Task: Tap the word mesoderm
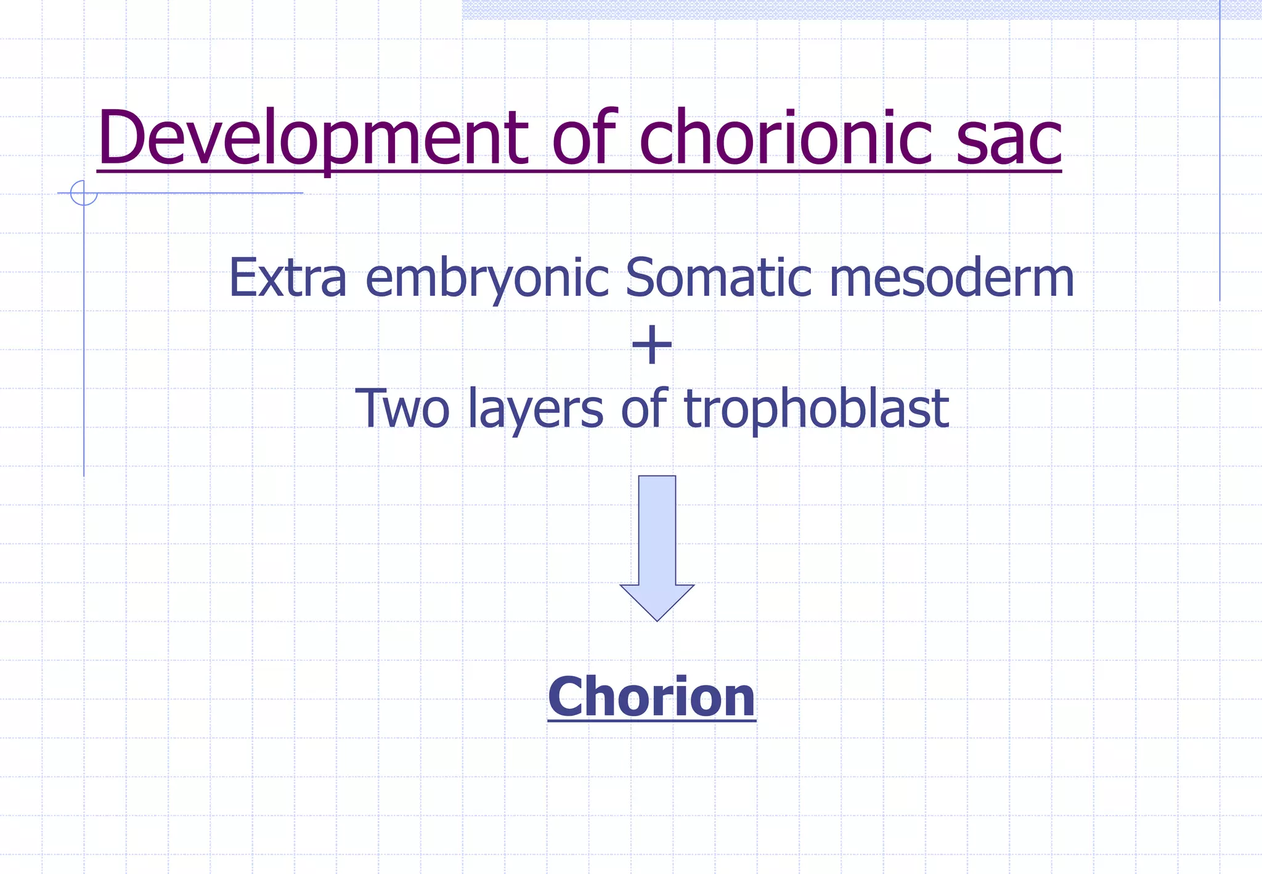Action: click(x=951, y=278)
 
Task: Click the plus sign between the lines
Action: click(x=652, y=345)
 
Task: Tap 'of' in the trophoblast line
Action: click(x=644, y=407)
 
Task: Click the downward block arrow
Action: click(x=657, y=536)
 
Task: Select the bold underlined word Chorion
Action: click(x=651, y=697)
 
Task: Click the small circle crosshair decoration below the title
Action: click(x=84, y=193)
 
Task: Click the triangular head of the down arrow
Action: click(x=657, y=601)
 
